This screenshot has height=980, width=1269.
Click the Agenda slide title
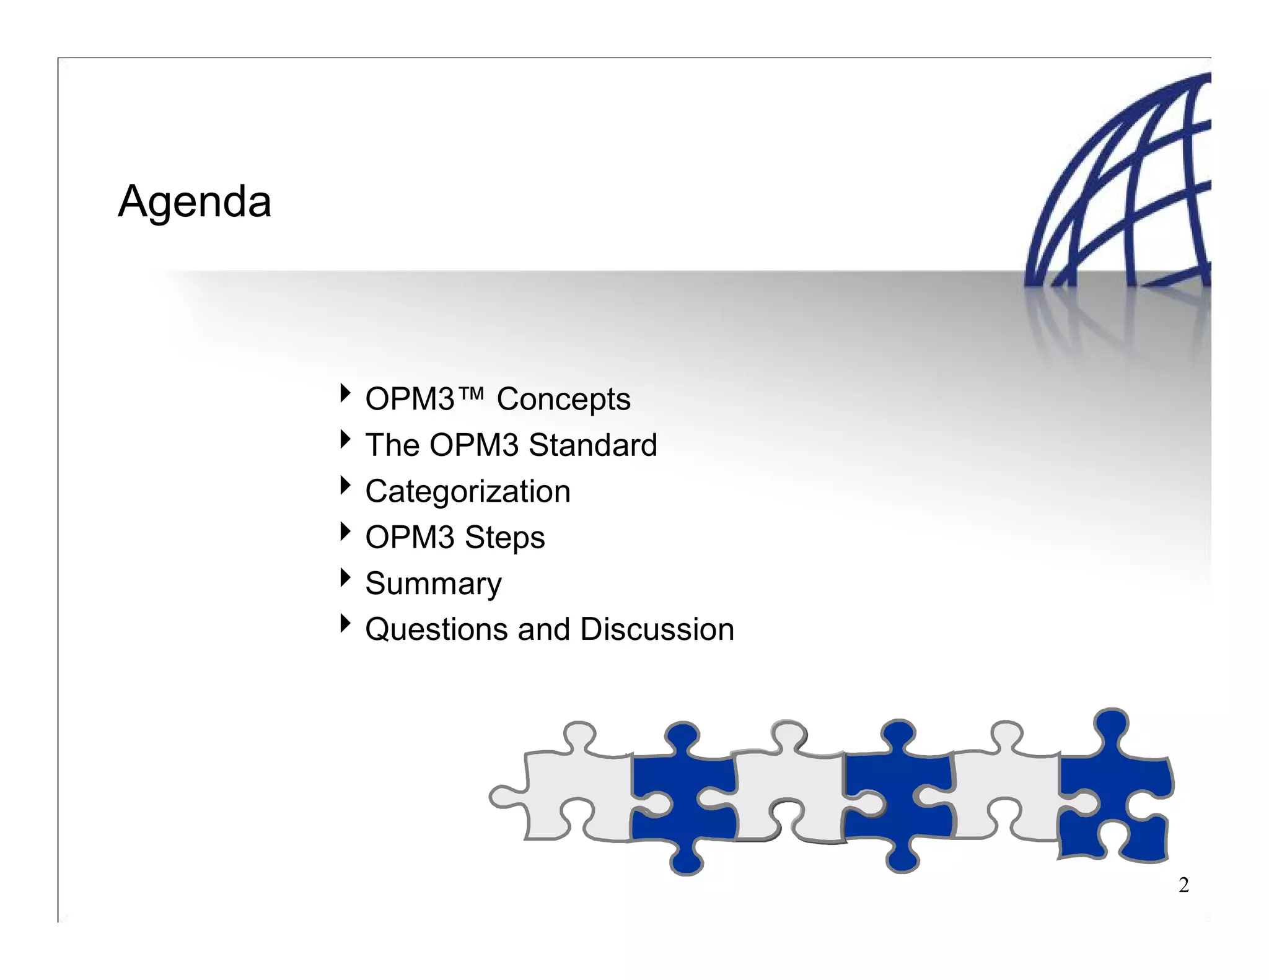195,202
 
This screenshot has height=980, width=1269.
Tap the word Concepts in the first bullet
563,399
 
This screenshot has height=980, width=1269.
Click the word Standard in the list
593,445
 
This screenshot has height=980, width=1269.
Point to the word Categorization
468,491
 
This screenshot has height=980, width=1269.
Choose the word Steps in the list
504,537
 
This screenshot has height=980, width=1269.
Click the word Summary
433,584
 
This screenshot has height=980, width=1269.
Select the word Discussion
657,629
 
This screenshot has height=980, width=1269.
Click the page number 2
1183,885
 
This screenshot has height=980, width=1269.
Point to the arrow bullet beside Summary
345,577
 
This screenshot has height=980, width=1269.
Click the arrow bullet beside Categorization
345,485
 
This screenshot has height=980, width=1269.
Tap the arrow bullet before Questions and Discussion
345,623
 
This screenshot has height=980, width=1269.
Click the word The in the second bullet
392,445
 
